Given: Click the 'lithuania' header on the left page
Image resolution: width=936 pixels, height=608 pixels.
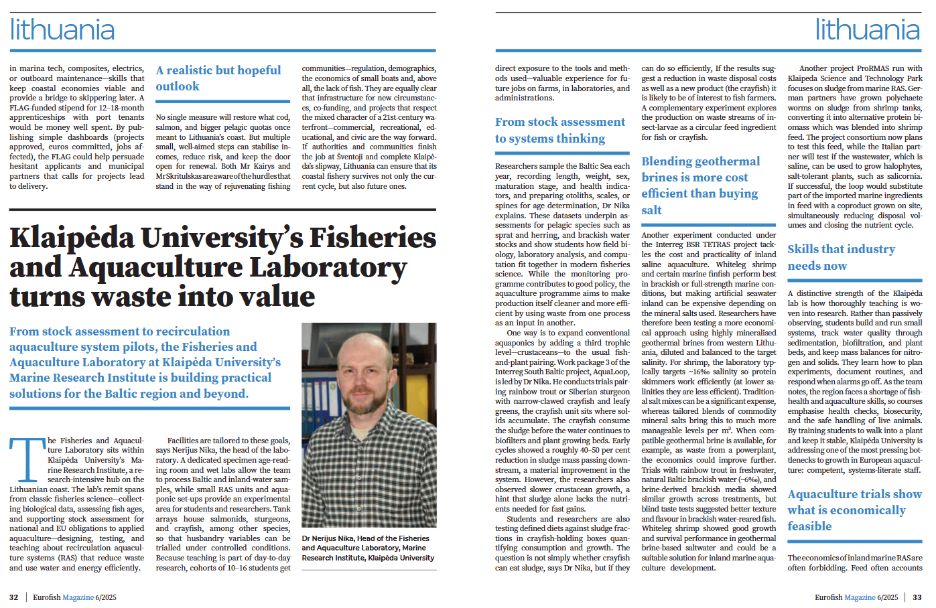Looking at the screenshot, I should pyautogui.click(x=62, y=30).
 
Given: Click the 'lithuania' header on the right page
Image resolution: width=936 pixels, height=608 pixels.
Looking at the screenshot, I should pyautogui.click(x=868, y=30).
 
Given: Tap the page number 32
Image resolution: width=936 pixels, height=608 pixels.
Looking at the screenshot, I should pyautogui.click(x=13, y=597).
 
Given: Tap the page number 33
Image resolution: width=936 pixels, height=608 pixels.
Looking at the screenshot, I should pyautogui.click(x=917, y=597).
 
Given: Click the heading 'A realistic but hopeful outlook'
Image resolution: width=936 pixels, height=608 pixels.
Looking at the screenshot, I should pyautogui.click(x=218, y=78).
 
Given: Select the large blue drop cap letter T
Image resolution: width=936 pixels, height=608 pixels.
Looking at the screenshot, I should pyautogui.click(x=27, y=460).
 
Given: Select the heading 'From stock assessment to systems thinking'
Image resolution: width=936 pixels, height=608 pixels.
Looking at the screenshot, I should pyautogui.click(x=560, y=130).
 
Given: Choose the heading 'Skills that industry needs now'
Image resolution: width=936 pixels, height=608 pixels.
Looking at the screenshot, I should pyautogui.click(x=841, y=257).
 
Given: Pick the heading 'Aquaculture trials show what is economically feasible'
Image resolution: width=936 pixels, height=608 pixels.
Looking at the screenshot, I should pyautogui.click(x=854, y=510).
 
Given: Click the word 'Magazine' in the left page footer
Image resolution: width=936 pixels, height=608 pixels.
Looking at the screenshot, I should pyautogui.click(x=78, y=597).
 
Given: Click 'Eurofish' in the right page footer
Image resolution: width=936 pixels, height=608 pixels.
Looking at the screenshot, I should pyautogui.click(x=828, y=597).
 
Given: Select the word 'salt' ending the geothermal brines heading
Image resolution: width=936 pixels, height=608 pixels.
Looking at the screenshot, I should pyautogui.click(x=651, y=210).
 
